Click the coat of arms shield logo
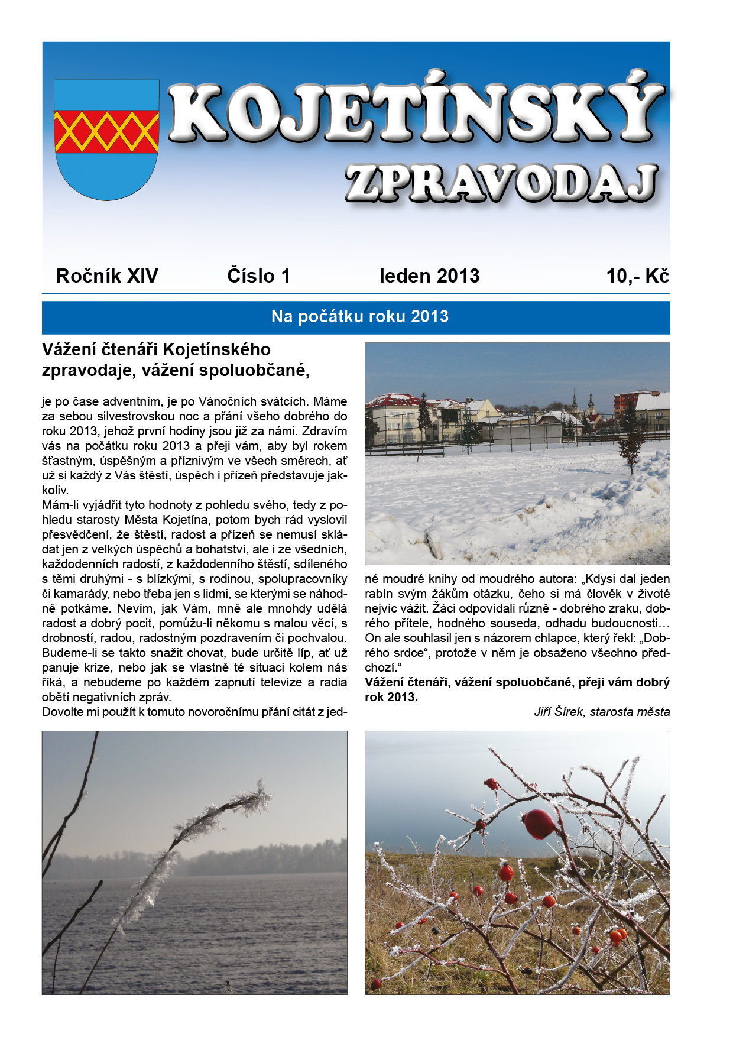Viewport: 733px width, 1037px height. [x=106, y=140]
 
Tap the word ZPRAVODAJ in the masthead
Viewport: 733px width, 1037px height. [x=501, y=183]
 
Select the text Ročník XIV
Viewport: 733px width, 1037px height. [x=107, y=276]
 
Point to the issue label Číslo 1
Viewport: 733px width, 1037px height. [x=258, y=276]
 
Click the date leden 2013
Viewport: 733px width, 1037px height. [x=429, y=276]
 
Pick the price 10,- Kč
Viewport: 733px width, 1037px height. [x=637, y=276]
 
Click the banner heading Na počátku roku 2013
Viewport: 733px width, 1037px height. [x=359, y=317]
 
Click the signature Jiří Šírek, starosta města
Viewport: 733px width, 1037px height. [x=602, y=712]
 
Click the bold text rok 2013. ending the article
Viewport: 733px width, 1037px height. [x=391, y=697]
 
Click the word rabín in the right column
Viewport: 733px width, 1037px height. [x=378, y=594]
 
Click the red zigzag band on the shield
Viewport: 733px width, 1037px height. [x=106, y=131]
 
